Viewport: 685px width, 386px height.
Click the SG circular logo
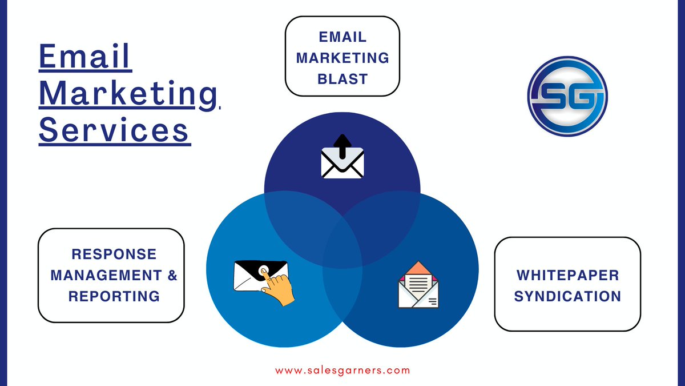point(567,95)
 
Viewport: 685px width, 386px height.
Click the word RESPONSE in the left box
point(114,253)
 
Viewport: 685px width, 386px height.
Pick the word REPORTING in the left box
point(114,296)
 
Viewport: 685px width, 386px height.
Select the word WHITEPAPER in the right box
point(567,275)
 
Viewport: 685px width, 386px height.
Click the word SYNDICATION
point(567,296)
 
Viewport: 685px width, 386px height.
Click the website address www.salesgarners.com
point(342,370)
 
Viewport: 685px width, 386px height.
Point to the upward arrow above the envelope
point(342,145)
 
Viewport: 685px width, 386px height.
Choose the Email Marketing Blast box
point(342,56)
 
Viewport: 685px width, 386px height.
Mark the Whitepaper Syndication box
point(567,284)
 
